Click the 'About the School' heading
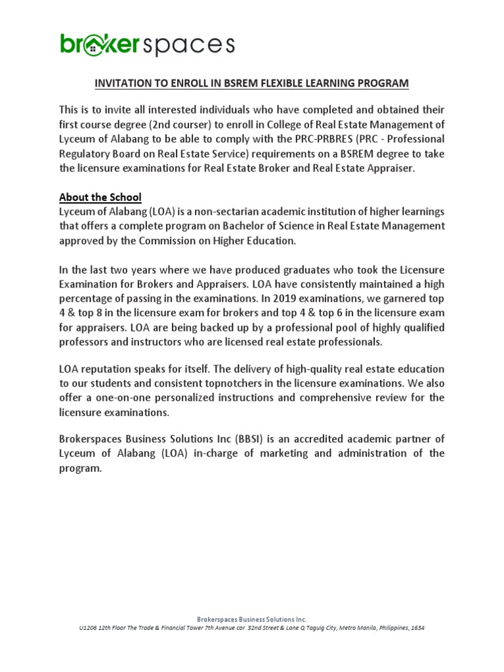pyautogui.click(x=100, y=197)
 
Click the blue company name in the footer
pyautogui.click(x=252, y=619)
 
